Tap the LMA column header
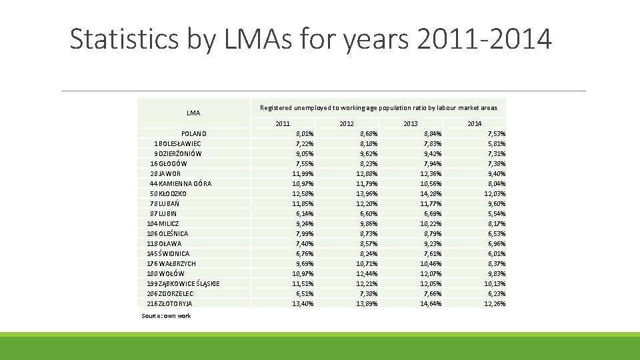193,113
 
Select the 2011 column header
283,124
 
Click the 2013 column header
411,124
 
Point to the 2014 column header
475,124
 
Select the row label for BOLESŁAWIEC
177,143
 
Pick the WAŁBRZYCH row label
171,263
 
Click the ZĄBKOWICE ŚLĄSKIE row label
183,283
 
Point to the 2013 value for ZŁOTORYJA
431,303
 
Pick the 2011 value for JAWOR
303,173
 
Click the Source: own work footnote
166,315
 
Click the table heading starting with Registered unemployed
378,107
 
